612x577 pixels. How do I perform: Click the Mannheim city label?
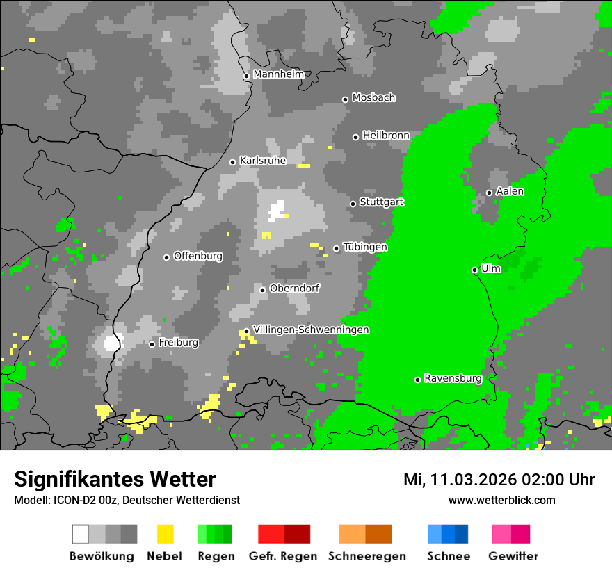coord(278,74)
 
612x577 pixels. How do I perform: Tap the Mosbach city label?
coord(373,97)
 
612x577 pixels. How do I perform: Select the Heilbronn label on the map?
coord(386,135)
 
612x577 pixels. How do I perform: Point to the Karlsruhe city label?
coord(263,160)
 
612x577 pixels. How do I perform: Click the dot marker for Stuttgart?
coord(353,204)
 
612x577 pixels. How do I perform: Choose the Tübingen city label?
coord(365,247)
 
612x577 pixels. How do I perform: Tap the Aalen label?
coord(510,190)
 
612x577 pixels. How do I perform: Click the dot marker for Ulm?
coord(475,270)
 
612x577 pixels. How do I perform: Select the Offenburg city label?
coord(198,256)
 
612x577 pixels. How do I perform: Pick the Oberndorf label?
coord(294,288)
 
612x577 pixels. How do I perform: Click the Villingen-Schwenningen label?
coord(311,330)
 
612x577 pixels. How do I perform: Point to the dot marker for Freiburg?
coord(152,344)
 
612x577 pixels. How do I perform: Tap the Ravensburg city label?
coord(453,378)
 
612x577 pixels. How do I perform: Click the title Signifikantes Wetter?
coord(115,479)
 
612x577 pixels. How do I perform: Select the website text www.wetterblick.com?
coord(501,500)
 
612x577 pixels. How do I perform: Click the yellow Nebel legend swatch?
coord(165,534)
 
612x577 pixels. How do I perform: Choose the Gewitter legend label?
coord(513,556)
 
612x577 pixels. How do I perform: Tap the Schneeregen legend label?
coord(367,556)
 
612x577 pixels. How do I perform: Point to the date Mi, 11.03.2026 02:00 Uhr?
coord(499,480)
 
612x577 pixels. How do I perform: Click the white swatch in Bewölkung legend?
coord(81,534)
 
